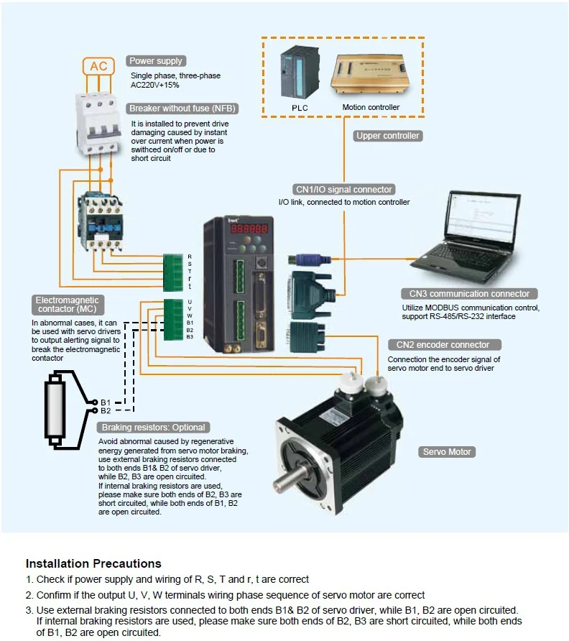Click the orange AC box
98,67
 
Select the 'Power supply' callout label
155,61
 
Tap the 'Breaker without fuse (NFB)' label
182,109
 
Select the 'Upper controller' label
388,135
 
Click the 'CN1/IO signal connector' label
344,190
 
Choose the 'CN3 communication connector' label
469,293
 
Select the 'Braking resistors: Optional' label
154,427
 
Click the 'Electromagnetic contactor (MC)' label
66,305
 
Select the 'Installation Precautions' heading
93,563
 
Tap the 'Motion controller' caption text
371,108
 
